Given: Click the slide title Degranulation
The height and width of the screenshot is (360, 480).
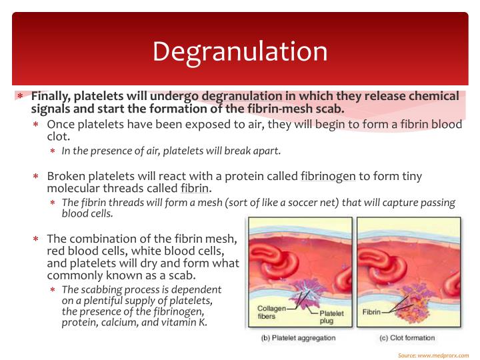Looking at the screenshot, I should click(240, 52).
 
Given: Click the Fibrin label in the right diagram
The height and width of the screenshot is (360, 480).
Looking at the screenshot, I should click(371, 312).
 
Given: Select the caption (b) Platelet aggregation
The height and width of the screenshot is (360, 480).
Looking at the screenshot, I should click(297, 338).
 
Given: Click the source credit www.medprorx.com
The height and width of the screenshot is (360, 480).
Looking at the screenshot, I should click(443, 355).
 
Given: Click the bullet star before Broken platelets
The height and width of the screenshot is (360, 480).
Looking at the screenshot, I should click(37, 177).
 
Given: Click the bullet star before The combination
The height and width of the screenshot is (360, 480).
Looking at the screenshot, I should click(37, 239).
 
